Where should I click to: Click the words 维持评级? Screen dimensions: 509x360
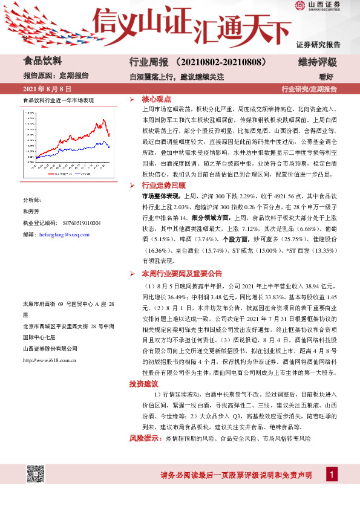(x=318, y=62)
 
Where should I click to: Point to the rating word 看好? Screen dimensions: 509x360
(x=327, y=76)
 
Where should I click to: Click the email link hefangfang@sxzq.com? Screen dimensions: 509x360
(x=64, y=234)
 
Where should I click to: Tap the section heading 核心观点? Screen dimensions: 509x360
(x=156, y=99)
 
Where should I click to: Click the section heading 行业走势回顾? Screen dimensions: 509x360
(x=164, y=185)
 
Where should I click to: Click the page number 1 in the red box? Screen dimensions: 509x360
(x=332, y=475)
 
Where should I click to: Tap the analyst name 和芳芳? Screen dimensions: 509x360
(x=31, y=212)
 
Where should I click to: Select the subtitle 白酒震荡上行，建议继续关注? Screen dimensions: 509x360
(x=176, y=76)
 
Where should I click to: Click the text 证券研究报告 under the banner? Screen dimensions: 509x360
(x=318, y=45)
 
